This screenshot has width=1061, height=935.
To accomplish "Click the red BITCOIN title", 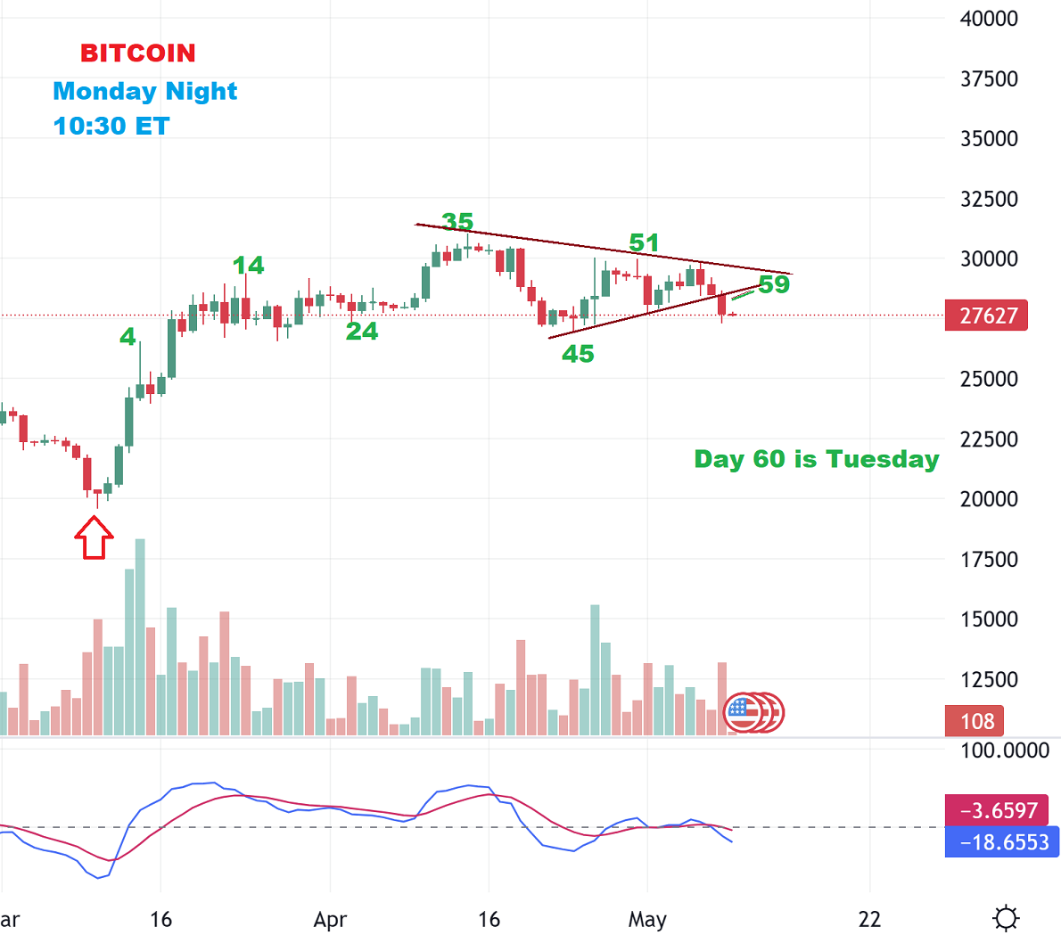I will [x=138, y=53].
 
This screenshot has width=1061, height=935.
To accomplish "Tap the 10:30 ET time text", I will [x=111, y=126].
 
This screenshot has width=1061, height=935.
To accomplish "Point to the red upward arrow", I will [x=94, y=538].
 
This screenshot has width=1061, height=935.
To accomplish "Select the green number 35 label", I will [x=457, y=221].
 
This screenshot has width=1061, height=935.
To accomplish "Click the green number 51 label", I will [x=644, y=242].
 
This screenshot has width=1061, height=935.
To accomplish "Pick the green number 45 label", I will [x=578, y=354].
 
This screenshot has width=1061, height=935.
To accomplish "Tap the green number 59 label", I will [x=774, y=284].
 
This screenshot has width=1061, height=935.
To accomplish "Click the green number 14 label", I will [x=248, y=265].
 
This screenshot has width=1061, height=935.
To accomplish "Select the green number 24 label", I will [x=362, y=331].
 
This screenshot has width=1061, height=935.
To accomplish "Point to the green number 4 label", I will [x=128, y=336].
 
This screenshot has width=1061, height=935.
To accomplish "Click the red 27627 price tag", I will [x=987, y=316].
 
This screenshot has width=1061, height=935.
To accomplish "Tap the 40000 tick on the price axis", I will [x=989, y=19].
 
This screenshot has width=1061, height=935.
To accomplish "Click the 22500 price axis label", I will [x=989, y=439].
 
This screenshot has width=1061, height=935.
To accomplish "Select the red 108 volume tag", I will [x=976, y=721].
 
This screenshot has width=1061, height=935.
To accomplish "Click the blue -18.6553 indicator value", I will [x=1003, y=842].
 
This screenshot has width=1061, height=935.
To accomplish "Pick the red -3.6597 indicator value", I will [x=1003, y=810].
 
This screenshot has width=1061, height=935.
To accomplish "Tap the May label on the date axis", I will [x=647, y=919].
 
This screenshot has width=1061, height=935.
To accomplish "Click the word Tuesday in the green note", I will [x=882, y=459].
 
